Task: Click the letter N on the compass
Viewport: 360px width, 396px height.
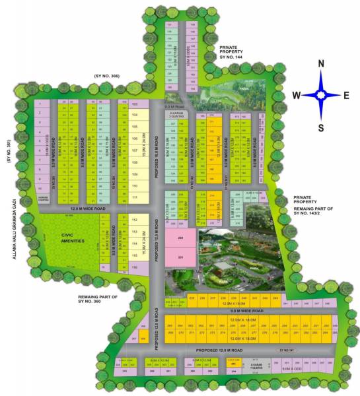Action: (x=321, y=64)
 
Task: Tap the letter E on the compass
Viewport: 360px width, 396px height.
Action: (x=346, y=95)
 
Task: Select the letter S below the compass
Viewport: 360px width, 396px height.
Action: (x=321, y=127)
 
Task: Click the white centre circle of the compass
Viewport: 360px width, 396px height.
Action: (x=322, y=95)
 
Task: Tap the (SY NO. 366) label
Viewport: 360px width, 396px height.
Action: (x=107, y=77)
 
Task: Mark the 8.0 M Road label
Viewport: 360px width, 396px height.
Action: (x=174, y=106)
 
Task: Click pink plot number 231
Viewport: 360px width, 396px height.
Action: (x=180, y=257)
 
